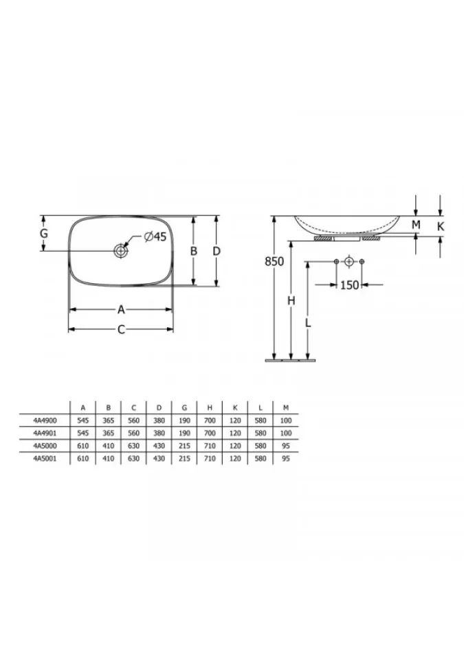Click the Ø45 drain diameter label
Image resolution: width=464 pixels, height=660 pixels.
155,237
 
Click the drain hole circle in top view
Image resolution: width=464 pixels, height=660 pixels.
120,252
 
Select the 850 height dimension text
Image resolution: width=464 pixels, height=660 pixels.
274,261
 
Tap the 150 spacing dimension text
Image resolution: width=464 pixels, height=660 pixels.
349,285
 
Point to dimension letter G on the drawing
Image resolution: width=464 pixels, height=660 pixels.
44,233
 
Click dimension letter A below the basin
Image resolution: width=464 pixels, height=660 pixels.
121,310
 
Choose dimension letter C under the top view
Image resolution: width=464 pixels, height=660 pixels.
121,329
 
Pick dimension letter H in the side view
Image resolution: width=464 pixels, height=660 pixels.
291,300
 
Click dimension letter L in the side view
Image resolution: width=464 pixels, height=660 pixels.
308,323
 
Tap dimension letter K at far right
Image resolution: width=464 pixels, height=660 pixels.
441,226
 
